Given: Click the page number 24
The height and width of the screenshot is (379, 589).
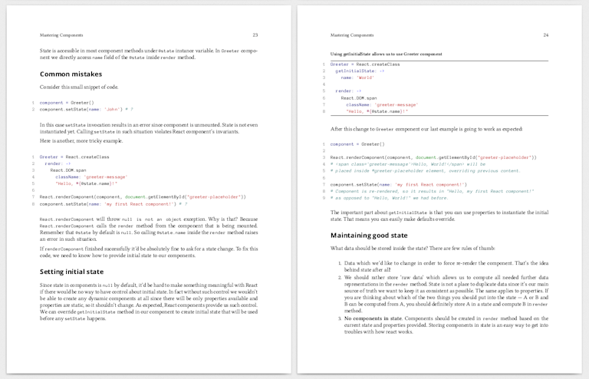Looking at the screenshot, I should [545, 35].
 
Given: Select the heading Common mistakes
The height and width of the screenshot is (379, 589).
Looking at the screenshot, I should [71, 74].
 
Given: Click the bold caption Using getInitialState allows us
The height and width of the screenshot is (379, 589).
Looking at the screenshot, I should [386, 54].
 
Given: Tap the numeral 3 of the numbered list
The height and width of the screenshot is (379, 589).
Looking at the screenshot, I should [339, 317].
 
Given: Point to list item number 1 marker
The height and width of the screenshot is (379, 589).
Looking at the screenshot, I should [339, 262].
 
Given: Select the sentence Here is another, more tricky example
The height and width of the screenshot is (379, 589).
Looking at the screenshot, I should [81, 141].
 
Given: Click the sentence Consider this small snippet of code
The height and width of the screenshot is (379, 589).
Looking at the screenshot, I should [79, 87].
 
